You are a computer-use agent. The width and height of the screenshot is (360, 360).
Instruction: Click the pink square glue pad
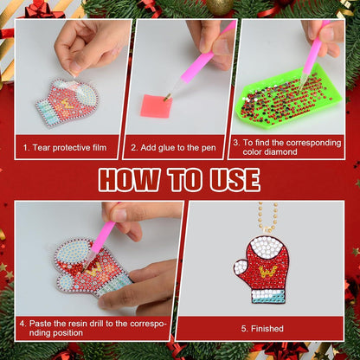[157, 106]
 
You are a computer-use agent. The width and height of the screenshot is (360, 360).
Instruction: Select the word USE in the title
[235, 180]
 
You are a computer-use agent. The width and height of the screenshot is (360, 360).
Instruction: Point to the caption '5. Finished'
[262, 329]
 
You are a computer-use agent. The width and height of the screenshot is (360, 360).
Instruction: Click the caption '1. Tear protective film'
[65, 148]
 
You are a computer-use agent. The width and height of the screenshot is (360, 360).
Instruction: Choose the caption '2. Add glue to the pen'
[173, 148]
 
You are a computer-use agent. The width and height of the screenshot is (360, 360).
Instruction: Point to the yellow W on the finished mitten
[268, 272]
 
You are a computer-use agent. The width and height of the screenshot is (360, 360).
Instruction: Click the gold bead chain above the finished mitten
[265, 217]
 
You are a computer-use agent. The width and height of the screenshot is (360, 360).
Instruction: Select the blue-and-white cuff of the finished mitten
[268, 297]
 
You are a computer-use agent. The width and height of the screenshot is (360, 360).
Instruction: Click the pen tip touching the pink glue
[167, 98]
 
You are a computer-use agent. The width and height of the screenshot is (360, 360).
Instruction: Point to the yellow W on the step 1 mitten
[66, 104]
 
